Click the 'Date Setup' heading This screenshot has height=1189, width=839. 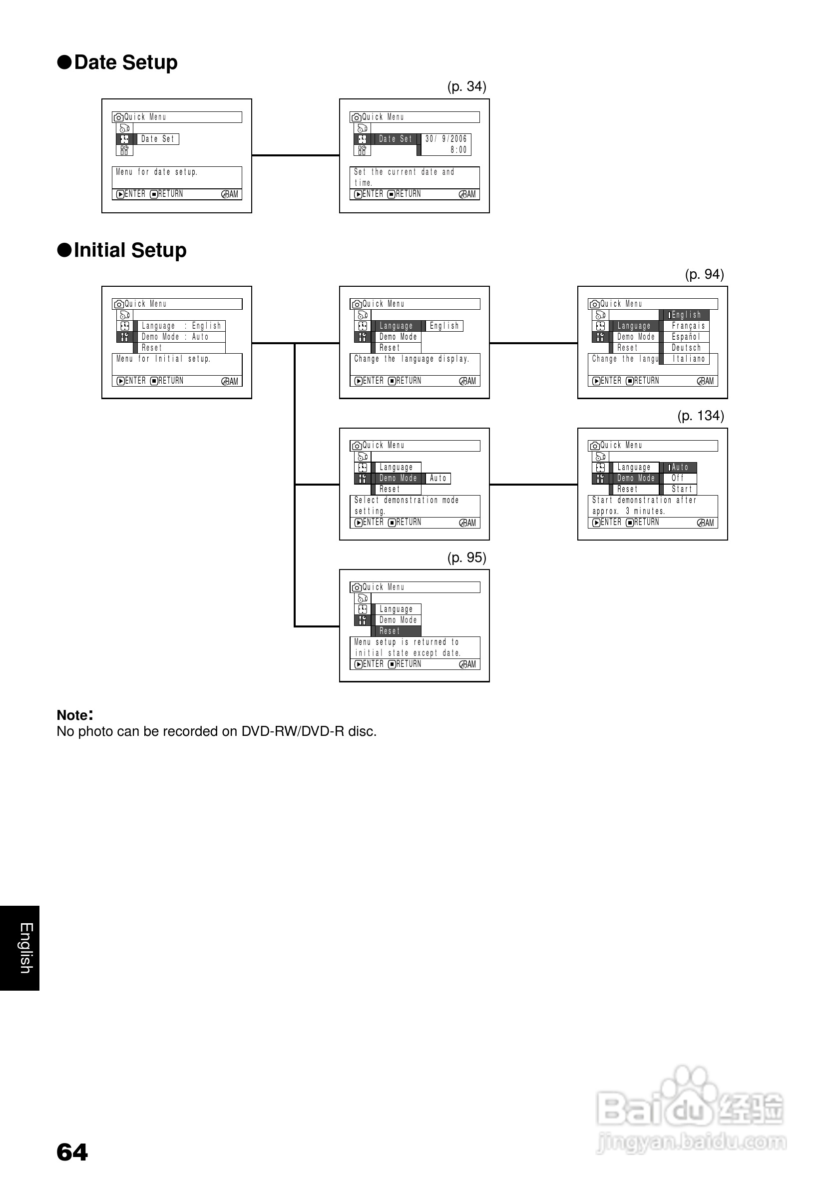[x=126, y=62]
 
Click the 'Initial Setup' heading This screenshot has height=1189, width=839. [x=130, y=250]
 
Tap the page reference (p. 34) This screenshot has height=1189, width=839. [x=466, y=86]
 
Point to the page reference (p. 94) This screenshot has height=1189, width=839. [x=704, y=274]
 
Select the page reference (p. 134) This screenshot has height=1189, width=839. [x=700, y=415]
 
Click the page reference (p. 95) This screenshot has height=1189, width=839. [x=466, y=557]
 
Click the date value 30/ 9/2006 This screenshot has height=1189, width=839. [x=445, y=139]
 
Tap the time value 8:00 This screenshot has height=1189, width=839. [x=458, y=150]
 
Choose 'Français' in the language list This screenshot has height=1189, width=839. [x=688, y=326]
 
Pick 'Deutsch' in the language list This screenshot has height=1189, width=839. [x=686, y=348]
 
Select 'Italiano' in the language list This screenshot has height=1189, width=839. [x=688, y=358]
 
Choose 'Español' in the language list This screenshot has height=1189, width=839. [x=686, y=337]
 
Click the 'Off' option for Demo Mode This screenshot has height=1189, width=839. [x=678, y=478]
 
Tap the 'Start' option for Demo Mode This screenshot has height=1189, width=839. [x=681, y=489]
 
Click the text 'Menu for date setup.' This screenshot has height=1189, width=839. [x=156, y=172]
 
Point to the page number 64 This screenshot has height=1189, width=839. [x=72, y=1152]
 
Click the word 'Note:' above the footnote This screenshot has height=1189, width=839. [x=74, y=715]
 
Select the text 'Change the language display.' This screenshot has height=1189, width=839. [x=412, y=359]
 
